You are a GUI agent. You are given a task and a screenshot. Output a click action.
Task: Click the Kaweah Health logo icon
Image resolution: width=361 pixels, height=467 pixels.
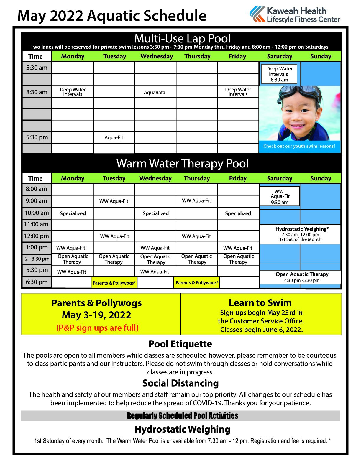pos(257,14)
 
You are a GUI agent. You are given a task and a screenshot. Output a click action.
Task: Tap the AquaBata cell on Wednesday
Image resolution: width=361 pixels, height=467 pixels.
pos(155,92)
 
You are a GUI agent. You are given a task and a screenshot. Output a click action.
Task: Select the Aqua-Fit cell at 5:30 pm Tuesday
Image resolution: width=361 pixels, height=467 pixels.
pos(114,137)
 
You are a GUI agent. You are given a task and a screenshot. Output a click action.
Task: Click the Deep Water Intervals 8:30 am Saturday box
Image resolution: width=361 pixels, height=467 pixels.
pos(279,74)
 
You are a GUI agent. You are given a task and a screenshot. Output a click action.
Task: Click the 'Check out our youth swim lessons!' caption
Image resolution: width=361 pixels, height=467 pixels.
pos(299,146)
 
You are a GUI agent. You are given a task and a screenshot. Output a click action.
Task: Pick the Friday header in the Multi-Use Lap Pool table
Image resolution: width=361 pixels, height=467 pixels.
pos(237,56)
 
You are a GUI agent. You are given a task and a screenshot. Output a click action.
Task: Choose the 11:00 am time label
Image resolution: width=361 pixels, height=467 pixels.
pos(36,224)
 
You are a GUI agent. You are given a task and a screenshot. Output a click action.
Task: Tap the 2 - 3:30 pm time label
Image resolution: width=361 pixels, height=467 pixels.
pos(37,259)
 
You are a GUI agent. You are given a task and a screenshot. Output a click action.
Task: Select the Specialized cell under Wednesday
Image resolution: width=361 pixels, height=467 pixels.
pos(155,213)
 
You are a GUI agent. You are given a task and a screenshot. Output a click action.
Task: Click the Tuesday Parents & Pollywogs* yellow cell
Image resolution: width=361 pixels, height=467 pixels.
pos(114,283)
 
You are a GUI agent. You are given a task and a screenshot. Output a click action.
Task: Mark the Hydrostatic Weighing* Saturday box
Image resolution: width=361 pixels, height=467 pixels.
pos(300,234)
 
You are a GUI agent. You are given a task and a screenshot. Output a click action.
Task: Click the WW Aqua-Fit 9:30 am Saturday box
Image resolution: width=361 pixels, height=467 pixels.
pos(280,197)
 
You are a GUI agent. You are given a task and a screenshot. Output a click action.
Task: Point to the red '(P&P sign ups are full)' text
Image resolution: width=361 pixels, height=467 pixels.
pos(97,328)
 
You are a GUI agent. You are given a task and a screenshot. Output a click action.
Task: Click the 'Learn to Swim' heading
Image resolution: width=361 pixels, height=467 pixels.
pos(260,303)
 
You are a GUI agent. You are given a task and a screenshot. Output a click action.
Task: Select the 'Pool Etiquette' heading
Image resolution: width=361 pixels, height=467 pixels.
pos(180,344)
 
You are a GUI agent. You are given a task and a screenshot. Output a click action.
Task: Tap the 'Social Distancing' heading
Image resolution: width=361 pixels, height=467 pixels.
pos(180,383)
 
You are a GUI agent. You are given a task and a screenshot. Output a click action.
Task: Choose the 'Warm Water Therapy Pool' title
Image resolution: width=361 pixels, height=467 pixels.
pos(182,164)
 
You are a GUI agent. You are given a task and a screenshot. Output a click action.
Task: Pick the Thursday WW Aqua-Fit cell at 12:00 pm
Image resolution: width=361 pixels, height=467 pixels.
pos(196,236)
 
